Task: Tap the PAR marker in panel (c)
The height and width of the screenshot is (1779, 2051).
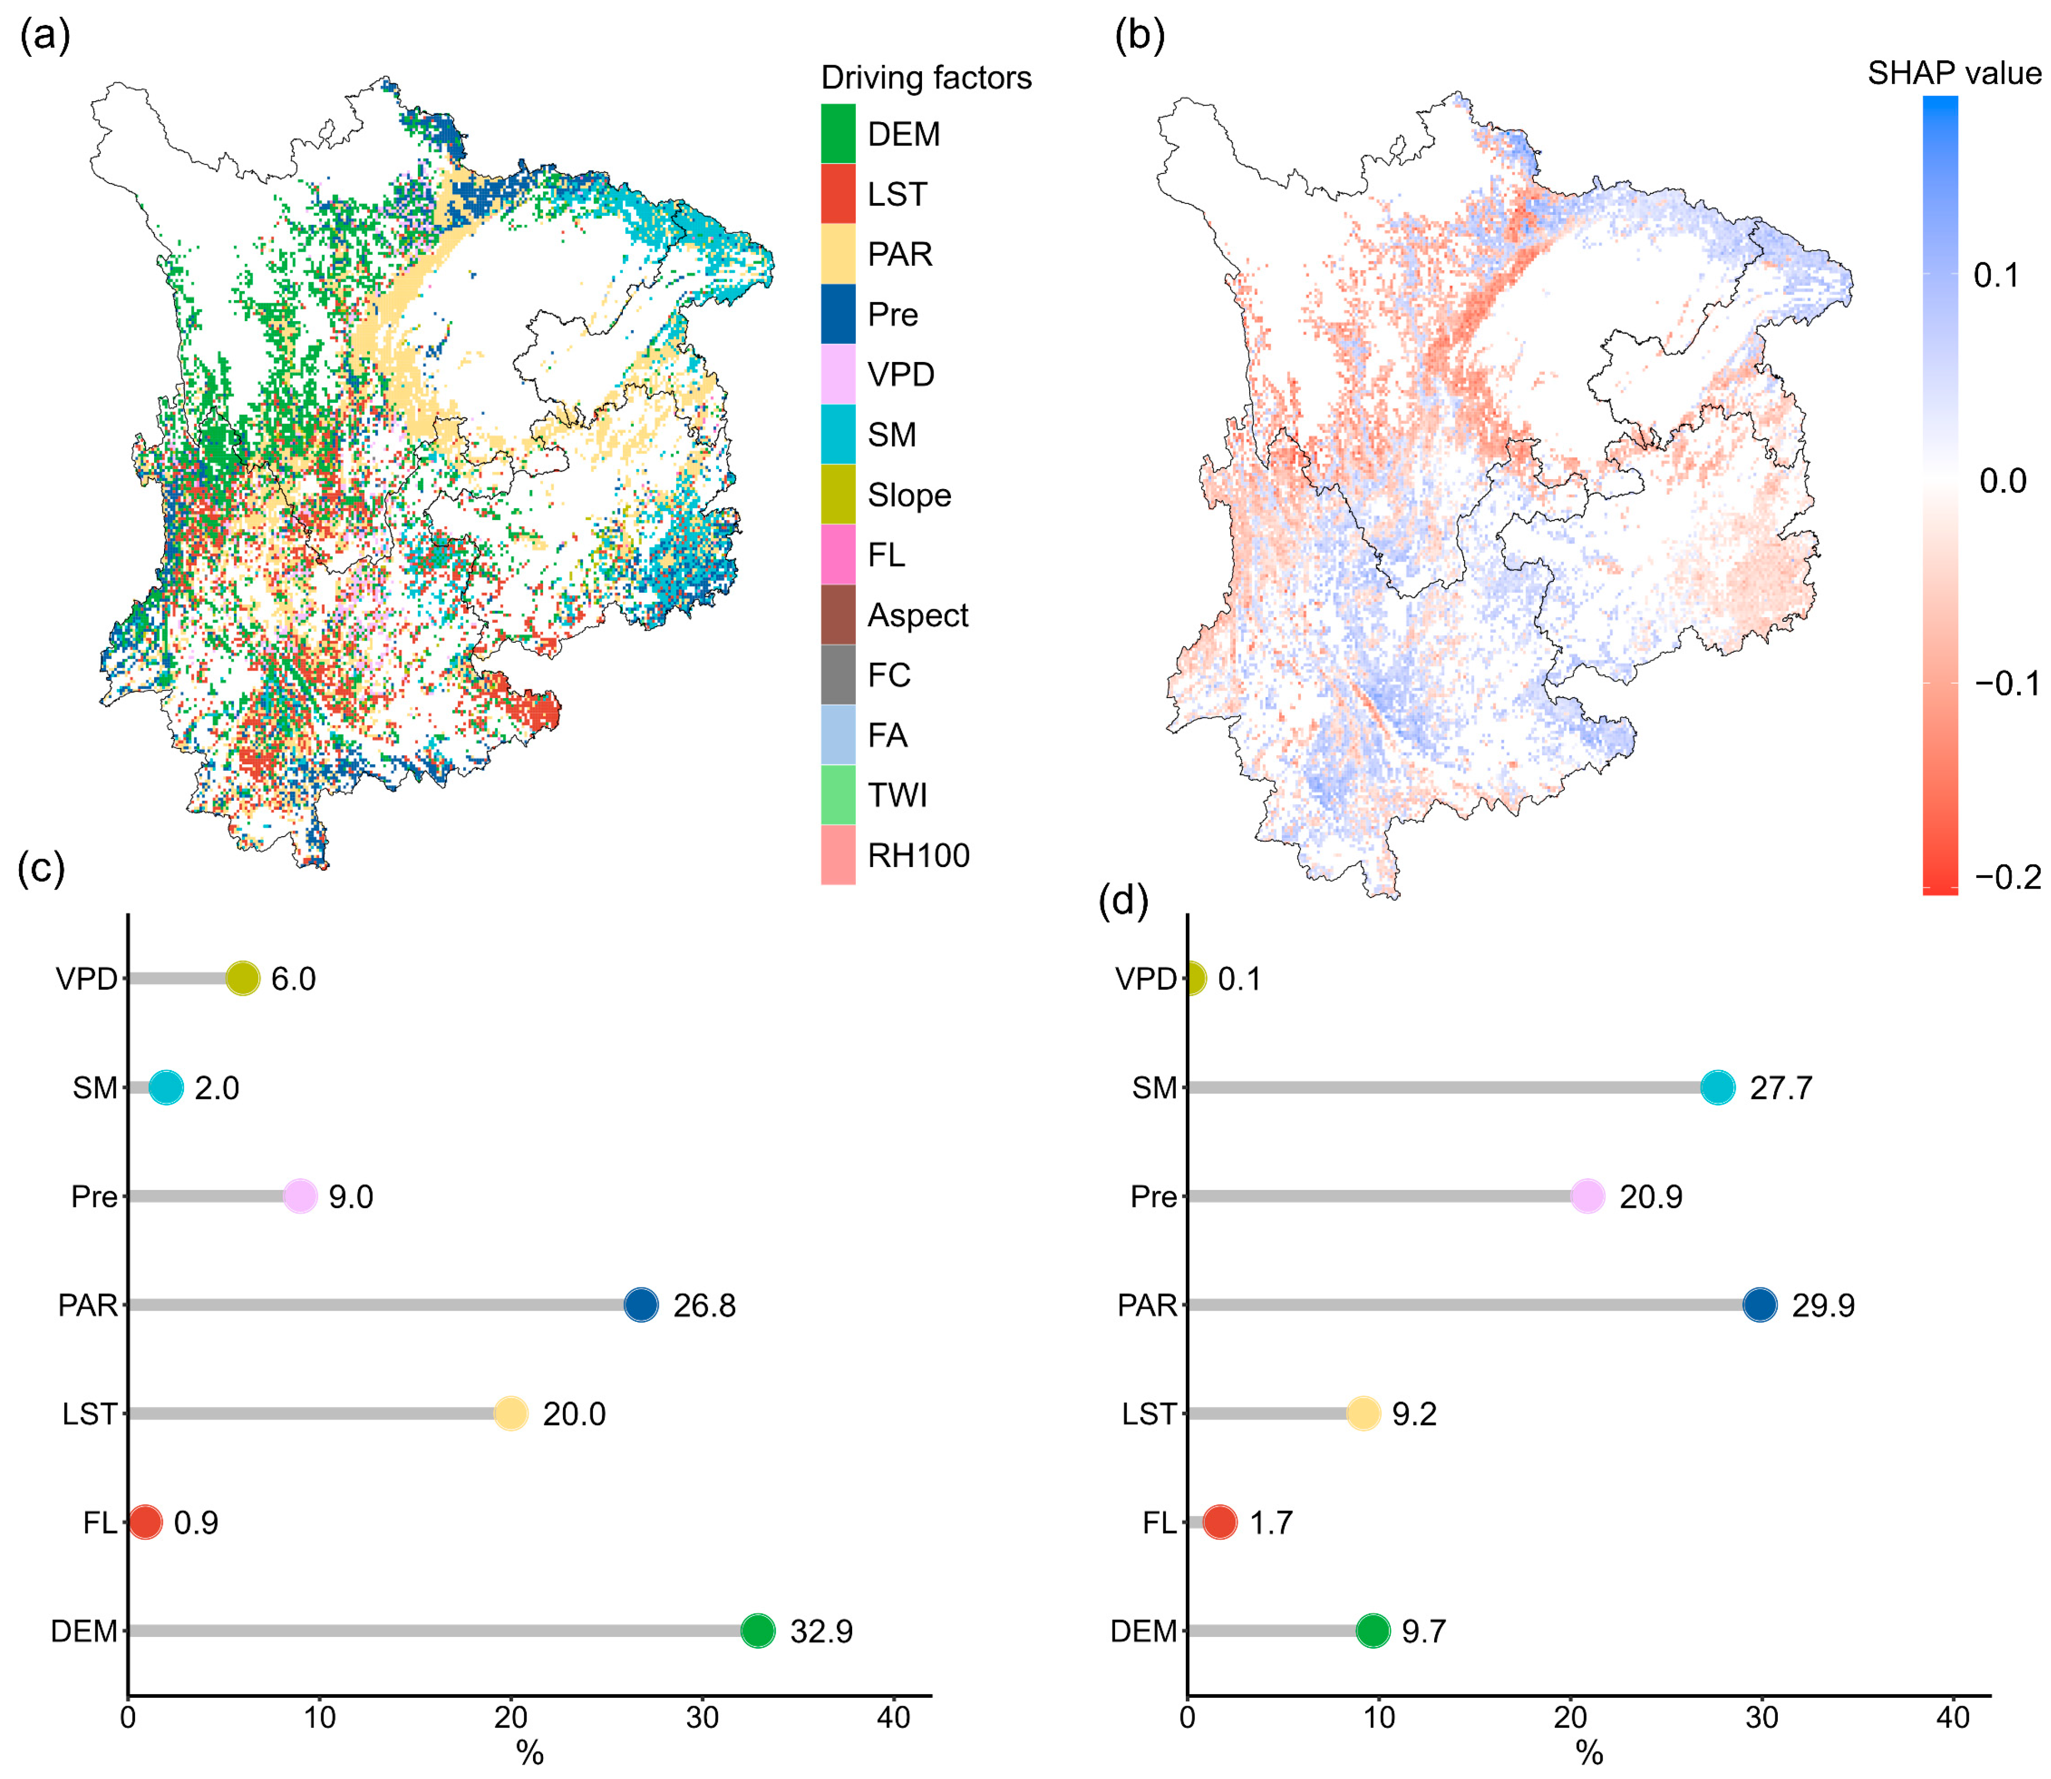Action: coord(641,1304)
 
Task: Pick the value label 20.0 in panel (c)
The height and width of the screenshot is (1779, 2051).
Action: coord(574,1414)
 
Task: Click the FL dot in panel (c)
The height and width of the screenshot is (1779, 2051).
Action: coord(145,1522)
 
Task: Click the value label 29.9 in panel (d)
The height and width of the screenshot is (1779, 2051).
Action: coord(1823,1304)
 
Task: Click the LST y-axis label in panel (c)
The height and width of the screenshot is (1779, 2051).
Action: coord(89,1414)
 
